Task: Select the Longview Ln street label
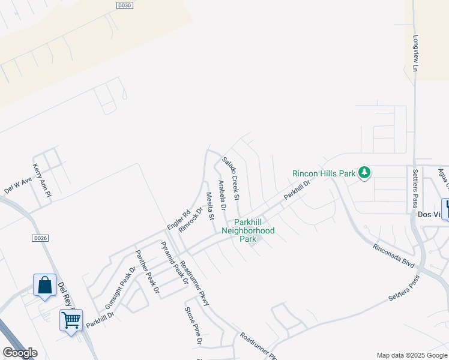tap(415, 53)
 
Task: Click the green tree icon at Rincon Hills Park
tap(364, 173)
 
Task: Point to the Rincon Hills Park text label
tap(324, 173)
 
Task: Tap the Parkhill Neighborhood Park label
tap(248, 230)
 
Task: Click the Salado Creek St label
tap(231, 178)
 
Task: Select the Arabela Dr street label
tap(221, 196)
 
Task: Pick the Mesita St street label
tap(210, 205)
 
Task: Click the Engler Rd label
tap(178, 219)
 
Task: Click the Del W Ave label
tap(18, 185)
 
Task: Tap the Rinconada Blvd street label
tap(394, 255)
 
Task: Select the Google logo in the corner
tap(20, 353)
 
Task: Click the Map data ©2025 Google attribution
tap(412, 355)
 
